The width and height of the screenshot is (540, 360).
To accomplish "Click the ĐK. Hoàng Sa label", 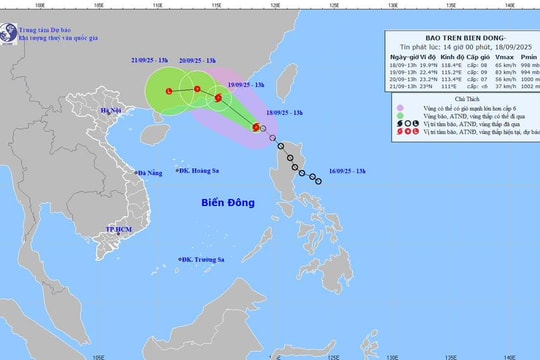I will tap(199, 171).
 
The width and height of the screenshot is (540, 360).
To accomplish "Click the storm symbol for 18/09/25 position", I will tap(256, 127).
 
